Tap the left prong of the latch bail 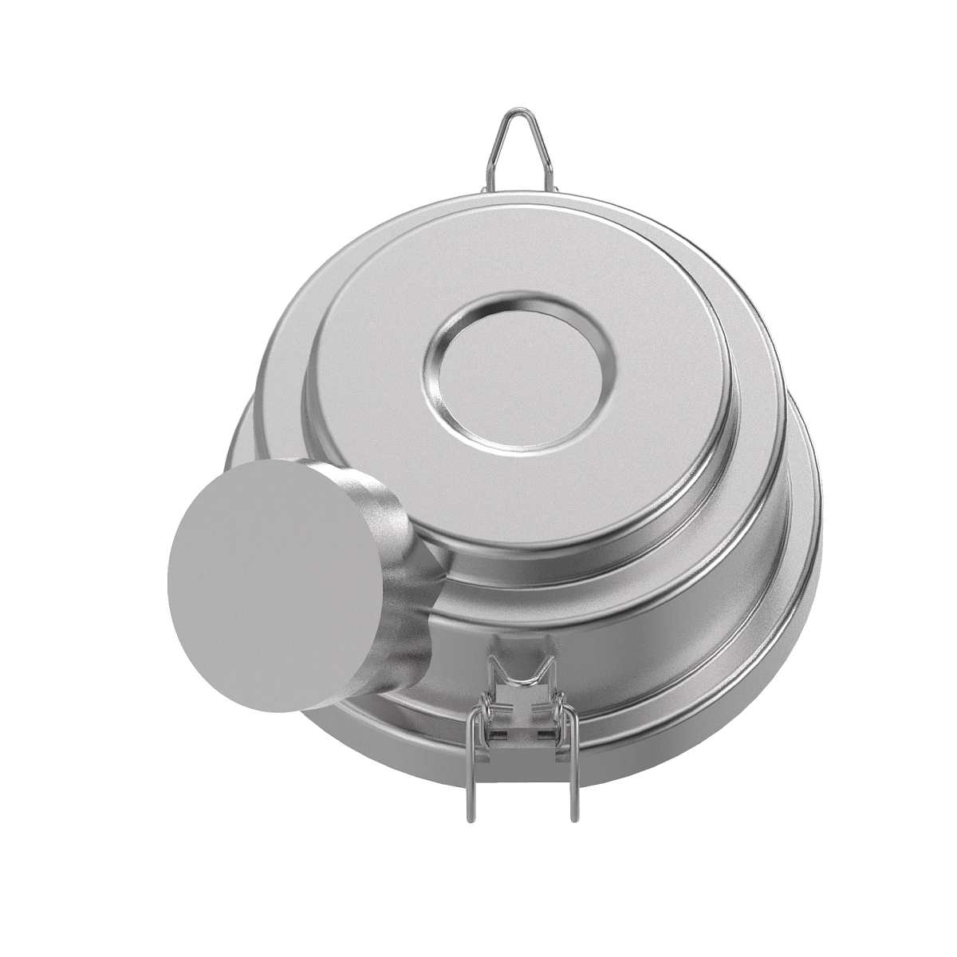click(x=470, y=758)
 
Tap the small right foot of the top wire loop click(x=557, y=190)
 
